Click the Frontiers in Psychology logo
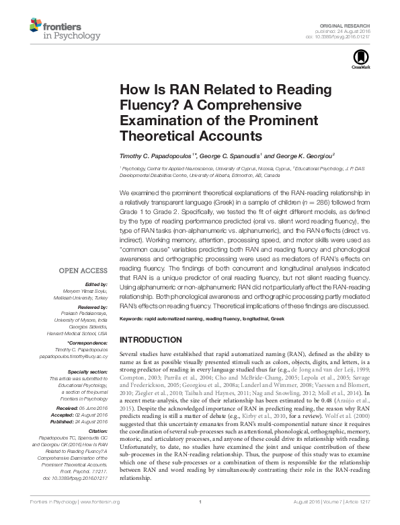65,30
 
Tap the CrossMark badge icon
358,59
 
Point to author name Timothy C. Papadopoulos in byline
157,155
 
